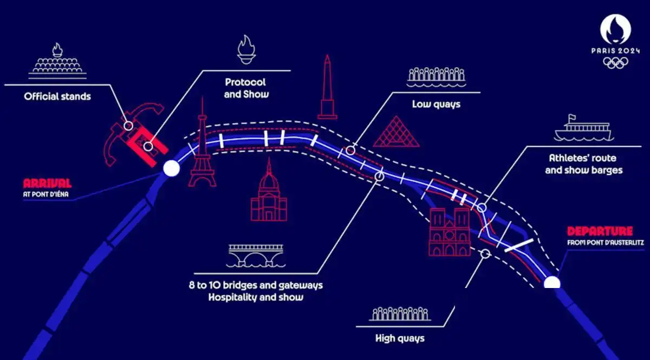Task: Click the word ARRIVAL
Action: (47, 183)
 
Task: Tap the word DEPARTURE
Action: (600, 231)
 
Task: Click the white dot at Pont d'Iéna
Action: (172, 168)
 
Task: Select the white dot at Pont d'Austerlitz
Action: (552, 283)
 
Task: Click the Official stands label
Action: (57, 97)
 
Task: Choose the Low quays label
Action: (437, 103)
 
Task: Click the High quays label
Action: (400, 339)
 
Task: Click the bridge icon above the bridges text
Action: (256, 255)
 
